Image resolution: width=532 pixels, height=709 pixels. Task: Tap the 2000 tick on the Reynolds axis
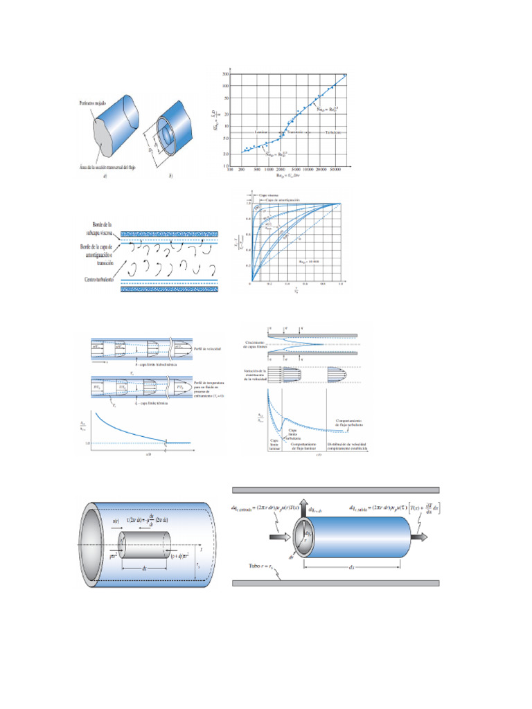coord(280,168)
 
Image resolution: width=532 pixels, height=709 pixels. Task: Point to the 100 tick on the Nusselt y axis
coord(226,87)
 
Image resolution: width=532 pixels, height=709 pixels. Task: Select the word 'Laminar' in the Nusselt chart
coord(263,132)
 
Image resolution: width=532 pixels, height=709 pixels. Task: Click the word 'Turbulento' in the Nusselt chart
coord(332,132)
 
